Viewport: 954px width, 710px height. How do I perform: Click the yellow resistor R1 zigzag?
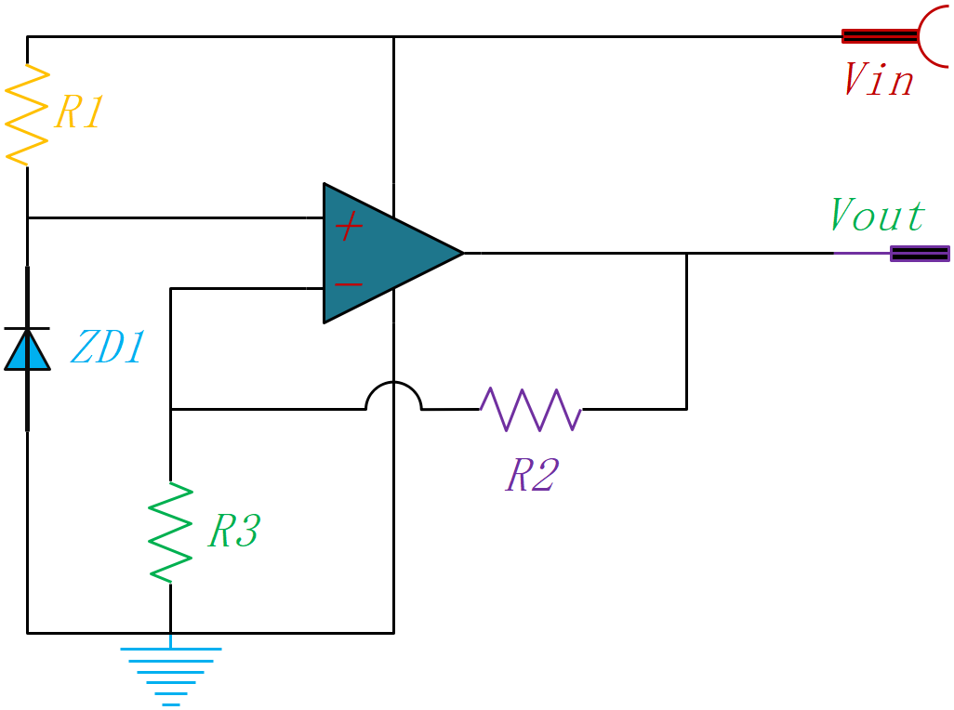[x=27, y=115]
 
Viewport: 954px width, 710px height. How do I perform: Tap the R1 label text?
[x=79, y=112]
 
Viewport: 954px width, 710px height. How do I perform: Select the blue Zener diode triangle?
[x=27, y=349]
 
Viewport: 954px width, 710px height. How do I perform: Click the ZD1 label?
[x=108, y=347]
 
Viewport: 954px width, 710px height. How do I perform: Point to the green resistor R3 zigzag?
[x=170, y=532]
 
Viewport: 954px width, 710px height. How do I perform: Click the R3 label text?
[x=234, y=530]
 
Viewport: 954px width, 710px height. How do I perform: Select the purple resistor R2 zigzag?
[x=531, y=409]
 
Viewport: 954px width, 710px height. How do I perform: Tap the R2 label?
[x=533, y=475]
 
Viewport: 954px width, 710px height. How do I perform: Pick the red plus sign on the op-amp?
[x=350, y=226]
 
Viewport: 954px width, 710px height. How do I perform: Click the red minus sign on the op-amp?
[x=349, y=283]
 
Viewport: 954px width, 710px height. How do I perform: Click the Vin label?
[x=880, y=79]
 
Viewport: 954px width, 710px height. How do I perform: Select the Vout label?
[x=878, y=215]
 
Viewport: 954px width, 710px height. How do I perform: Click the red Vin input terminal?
[x=894, y=36]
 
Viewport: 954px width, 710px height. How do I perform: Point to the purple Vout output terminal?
[x=920, y=254]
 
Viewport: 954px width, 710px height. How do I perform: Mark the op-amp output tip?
[x=464, y=253]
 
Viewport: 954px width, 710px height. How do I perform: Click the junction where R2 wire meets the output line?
[x=687, y=253]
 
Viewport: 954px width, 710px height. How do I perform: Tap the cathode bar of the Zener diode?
[x=27, y=328]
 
